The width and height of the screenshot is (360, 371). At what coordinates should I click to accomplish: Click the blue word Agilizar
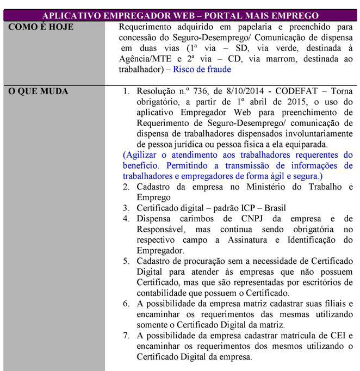tap(142, 155)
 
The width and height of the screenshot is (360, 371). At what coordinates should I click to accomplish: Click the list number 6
tap(126, 304)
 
